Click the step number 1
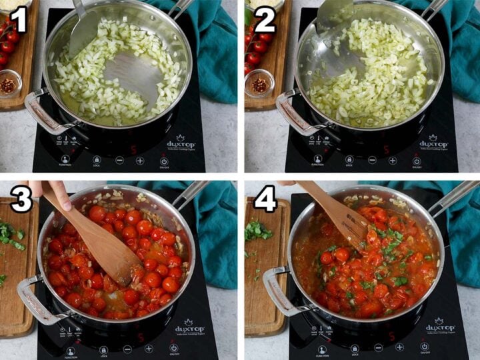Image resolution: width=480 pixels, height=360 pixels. coord(17,20)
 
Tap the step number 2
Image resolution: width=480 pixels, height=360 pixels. coord(264,20)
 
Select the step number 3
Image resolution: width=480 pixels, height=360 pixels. coord(21,198)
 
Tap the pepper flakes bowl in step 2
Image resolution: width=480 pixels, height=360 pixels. coord(259,83)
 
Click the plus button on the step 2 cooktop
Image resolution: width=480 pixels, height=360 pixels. coord(393,160)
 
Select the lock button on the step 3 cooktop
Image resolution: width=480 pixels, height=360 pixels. coord(103,349)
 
